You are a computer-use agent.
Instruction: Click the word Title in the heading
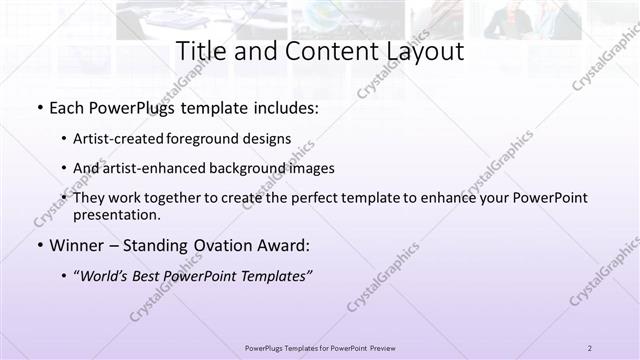[200, 51]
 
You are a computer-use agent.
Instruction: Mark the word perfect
[318, 198]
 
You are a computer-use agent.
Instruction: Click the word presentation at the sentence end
[116, 214]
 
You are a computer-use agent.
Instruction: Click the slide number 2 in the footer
[590, 348]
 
